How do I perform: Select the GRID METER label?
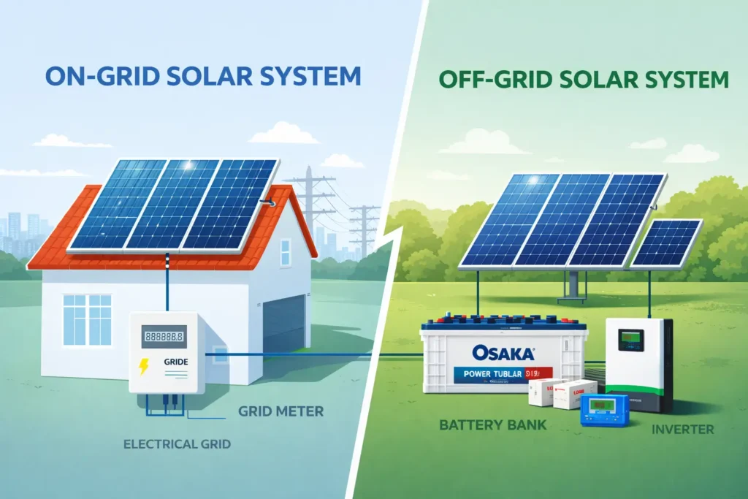point(280,411)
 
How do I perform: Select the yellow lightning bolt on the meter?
point(144,366)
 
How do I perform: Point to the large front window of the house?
point(87,320)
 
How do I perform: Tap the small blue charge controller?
point(603,411)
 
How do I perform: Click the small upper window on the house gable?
point(285,252)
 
